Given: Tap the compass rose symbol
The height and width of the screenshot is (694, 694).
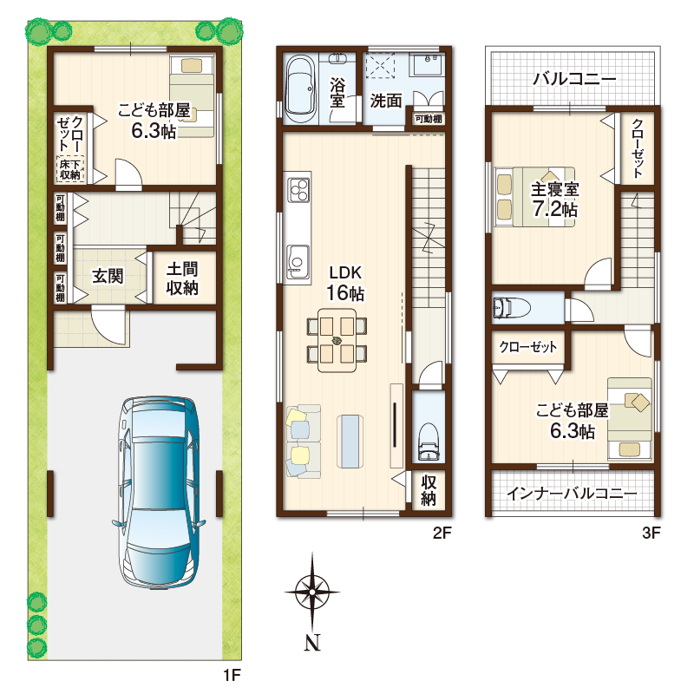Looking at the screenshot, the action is [x=312, y=592].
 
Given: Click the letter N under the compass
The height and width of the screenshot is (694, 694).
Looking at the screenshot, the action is [x=312, y=643].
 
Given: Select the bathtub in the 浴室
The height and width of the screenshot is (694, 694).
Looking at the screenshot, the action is [x=300, y=90].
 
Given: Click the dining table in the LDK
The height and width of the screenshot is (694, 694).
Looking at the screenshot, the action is [x=337, y=340].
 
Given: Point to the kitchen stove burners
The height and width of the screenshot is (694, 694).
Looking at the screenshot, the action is [x=299, y=189].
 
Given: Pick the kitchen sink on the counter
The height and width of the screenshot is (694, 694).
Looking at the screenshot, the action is [x=298, y=262].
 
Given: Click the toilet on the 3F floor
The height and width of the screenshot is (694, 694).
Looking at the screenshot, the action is [x=512, y=307].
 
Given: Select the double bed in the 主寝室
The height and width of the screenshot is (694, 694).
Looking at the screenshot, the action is [x=534, y=197].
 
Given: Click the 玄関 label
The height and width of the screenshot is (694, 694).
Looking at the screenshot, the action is [x=108, y=276].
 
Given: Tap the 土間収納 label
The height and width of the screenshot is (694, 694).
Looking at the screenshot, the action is [x=182, y=278].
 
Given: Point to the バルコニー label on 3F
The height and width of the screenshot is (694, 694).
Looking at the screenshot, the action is [x=574, y=79].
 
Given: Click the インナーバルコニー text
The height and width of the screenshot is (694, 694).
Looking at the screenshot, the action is [x=572, y=493].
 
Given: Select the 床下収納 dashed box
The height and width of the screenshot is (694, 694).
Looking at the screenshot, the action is [x=70, y=169].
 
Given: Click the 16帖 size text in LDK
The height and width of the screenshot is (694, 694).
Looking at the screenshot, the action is [x=345, y=293].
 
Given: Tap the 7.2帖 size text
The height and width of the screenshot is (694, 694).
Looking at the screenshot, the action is [x=554, y=209].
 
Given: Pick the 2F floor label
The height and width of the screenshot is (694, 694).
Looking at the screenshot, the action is [x=442, y=533].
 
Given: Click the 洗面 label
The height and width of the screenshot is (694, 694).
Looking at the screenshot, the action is [x=386, y=101].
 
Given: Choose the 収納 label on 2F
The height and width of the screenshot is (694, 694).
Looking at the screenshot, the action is [x=428, y=490].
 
